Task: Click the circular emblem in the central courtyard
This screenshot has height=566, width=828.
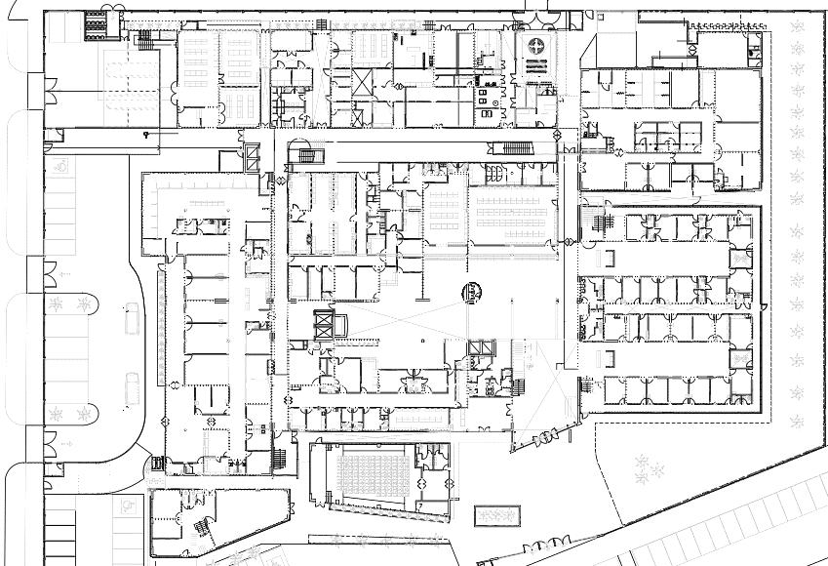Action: pyautogui.click(x=473, y=290)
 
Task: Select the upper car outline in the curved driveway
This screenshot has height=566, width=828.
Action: pyautogui.click(x=132, y=318)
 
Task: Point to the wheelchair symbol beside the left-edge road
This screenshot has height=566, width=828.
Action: pyautogui.click(x=62, y=166)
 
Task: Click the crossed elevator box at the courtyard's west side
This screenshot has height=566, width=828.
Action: pyautogui.click(x=323, y=325)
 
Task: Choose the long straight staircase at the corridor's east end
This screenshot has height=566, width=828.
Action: pyautogui.click(x=517, y=148)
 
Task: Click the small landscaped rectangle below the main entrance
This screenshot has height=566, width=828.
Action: pyautogui.click(x=496, y=514)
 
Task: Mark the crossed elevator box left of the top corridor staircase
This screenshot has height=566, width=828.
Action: pyautogui.click(x=252, y=155)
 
